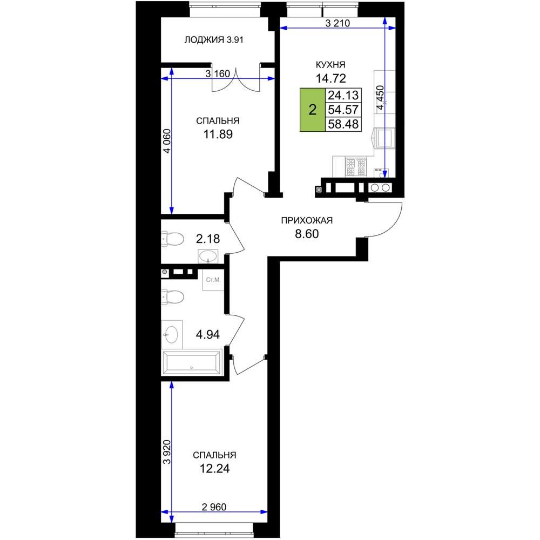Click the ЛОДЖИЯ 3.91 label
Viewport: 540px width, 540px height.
(x=214, y=40)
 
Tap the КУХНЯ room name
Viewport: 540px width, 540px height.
(x=330, y=64)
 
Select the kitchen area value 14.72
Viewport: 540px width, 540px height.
(x=331, y=78)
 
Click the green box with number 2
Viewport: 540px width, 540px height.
(x=313, y=110)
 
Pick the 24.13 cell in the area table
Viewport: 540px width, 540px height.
(x=343, y=95)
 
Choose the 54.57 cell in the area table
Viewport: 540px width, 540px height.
(x=343, y=110)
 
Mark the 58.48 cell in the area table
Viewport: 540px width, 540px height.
(x=343, y=124)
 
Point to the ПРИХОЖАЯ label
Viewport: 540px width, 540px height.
(x=307, y=220)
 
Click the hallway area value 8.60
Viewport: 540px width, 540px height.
(x=307, y=234)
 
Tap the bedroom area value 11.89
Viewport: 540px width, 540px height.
(x=218, y=134)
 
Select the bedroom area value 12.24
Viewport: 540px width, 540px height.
(x=214, y=469)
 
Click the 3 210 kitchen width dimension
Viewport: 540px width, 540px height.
(x=337, y=23)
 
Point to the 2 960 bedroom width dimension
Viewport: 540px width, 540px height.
(x=214, y=507)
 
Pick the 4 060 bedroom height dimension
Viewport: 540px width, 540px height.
(x=167, y=141)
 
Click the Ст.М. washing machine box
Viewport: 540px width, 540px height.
(x=213, y=280)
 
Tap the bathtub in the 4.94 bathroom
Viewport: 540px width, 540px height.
(x=192, y=362)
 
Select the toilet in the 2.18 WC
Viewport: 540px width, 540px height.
(x=173, y=239)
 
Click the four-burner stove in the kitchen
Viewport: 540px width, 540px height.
(x=356, y=167)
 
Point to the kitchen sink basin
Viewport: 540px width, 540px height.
(x=385, y=137)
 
